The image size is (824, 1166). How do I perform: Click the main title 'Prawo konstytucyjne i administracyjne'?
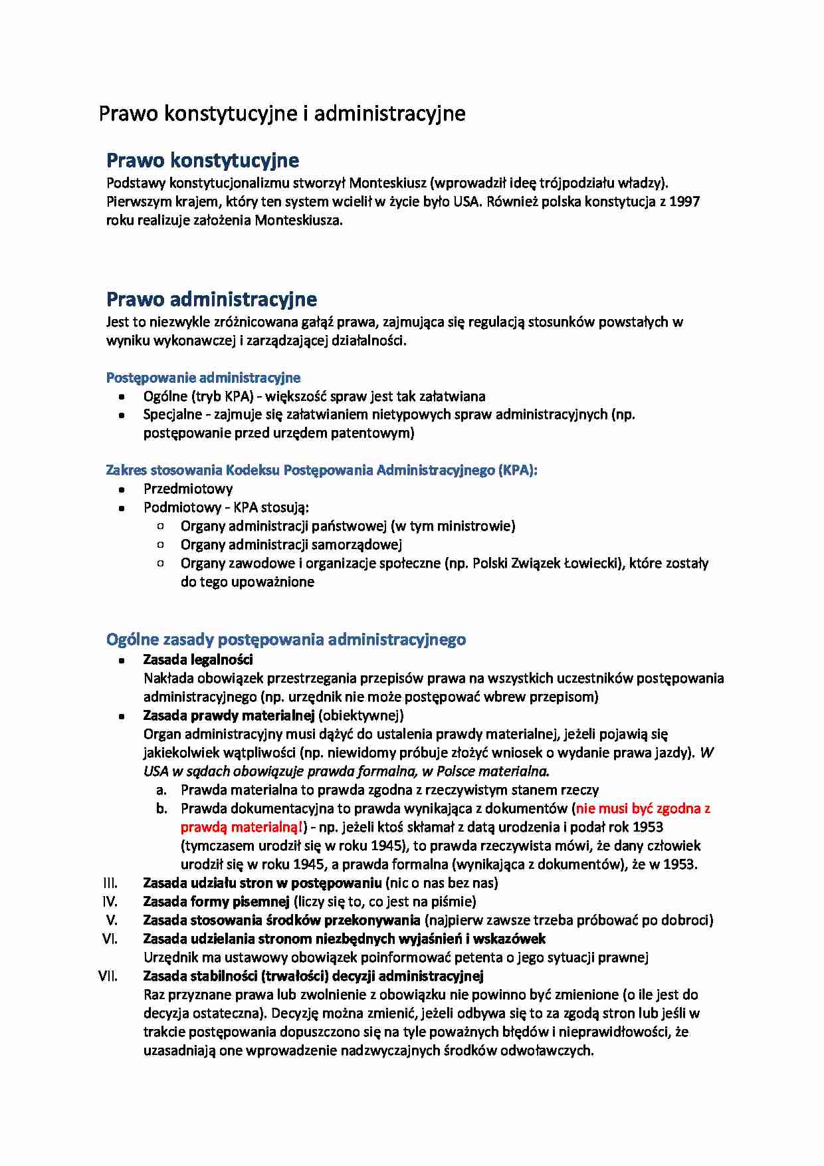point(282,114)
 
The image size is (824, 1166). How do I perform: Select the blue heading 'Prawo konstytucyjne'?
point(203,160)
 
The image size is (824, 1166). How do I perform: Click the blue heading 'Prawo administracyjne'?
point(211,299)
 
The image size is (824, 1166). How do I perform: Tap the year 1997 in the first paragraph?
point(684,201)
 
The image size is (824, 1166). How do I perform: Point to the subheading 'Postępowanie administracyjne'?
point(203,378)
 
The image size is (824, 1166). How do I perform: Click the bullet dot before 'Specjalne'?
point(122,415)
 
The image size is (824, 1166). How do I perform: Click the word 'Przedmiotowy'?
point(188,489)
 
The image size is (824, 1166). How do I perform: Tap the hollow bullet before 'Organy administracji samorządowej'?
point(160,544)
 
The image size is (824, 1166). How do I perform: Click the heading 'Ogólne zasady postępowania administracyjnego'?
point(286,640)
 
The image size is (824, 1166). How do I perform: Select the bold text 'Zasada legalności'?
point(198,659)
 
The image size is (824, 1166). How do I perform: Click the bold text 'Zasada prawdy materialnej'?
point(229,715)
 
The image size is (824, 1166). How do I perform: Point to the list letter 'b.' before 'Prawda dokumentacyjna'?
point(161,809)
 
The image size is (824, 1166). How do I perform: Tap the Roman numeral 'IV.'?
point(110,901)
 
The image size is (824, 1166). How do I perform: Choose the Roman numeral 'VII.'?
point(108,976)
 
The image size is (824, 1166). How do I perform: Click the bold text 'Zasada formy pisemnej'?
point(216,901)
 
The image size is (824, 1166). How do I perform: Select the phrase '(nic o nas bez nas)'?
point(441,883)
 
